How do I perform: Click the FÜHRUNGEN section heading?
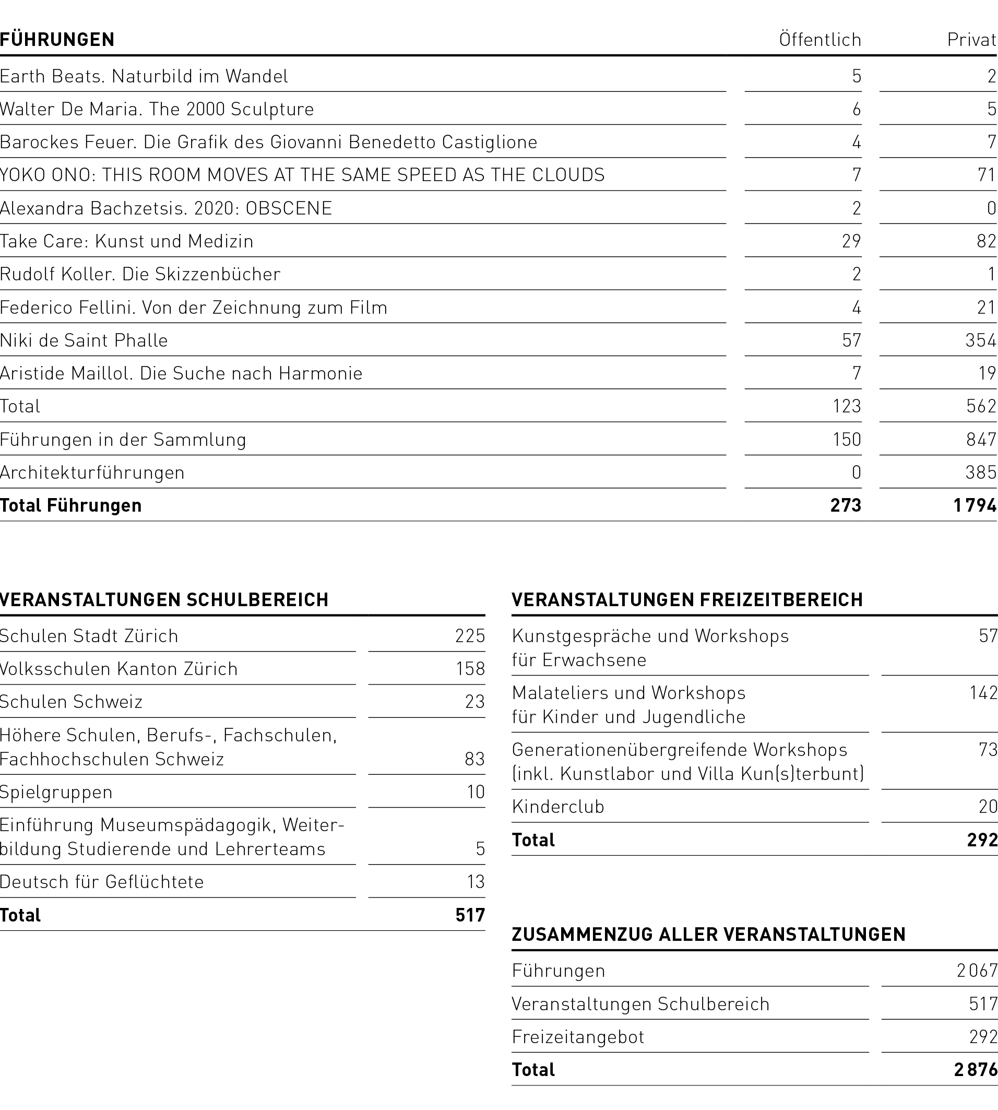point(57,40)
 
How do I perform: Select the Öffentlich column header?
point(820,40)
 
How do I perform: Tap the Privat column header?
point(971,40)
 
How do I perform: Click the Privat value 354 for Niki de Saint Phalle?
point(980,340)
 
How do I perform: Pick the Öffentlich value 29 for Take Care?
point(851,241)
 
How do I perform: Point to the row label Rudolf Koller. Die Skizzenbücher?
point(140,274)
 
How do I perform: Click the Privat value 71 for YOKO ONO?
point(986,174)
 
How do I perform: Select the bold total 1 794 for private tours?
point(975,505)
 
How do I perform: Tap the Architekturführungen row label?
point(92,472)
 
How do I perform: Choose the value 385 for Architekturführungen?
point(980,472)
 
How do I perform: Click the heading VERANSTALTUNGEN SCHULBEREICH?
point(164,599)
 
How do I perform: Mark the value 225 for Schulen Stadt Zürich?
point(470,635)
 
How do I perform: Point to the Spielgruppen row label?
point(56,792)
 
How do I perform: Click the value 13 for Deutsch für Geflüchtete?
point(476,881)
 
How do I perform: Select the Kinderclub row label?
point(557,806)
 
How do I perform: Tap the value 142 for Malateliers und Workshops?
point(983,693)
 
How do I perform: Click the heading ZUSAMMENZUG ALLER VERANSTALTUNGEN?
point(708,934)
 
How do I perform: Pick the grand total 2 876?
point(975,1069)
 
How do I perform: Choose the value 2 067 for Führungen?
point(977,971)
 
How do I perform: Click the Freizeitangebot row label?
point(578,1036)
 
